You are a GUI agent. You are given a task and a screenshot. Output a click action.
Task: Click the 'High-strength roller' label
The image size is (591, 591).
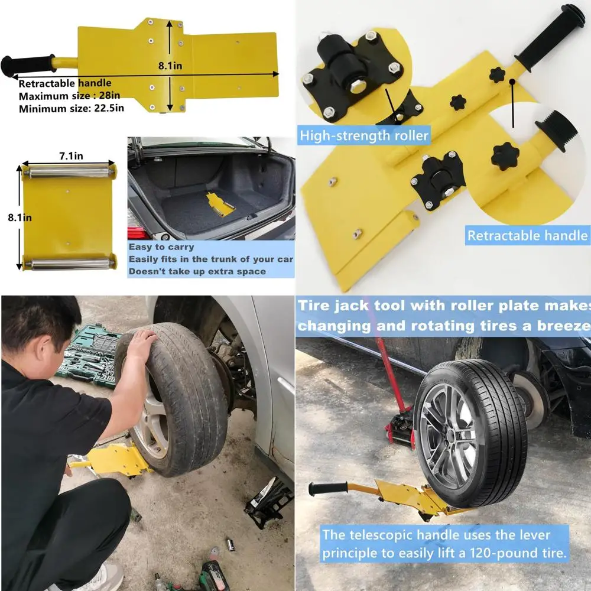[364, 135]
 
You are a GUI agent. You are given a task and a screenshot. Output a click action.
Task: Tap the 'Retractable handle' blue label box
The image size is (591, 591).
[527, 235]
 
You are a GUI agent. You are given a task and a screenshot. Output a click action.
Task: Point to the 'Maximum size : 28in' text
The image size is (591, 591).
[70, 96]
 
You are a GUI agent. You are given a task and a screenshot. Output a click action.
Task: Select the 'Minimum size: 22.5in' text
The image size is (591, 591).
[71, 108]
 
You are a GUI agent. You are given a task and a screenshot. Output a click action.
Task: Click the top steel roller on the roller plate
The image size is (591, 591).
[69, 172]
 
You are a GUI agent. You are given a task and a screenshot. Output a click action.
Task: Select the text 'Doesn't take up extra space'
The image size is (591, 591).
[197, 271]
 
